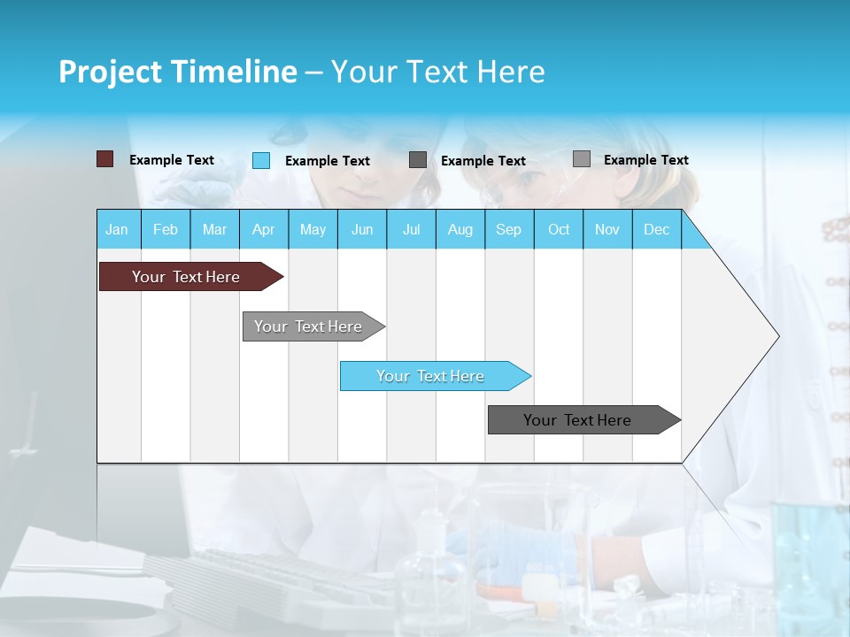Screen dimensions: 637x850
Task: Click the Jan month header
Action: pyautogui.click(x=117, y=229)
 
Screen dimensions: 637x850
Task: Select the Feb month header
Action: pyautogui.click(x=166, y=229)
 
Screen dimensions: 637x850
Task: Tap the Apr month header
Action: pyautogui.click(x=263, y=229)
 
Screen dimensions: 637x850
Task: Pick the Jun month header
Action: pyautogui.click(x=362, y=229)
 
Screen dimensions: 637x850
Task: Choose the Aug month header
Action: pyautogui.click(x=460, y=229)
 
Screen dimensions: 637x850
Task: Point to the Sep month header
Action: pyautogui.click(x=508, y=229)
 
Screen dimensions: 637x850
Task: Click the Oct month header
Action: pyautogui.click(x=559, y=229)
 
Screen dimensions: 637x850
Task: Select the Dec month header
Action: pyautogui.click(x=656, y=229)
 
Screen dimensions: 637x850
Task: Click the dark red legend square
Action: pyautogui.click(x=104, y=159)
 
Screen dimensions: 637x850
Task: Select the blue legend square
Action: pyautogui.click(x=261, y=160)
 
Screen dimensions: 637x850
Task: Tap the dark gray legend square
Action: pyautogui.click(x=418, y=160)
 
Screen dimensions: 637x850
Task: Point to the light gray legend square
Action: pyautogui.click(x=582, y=159)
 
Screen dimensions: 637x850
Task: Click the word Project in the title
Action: pyautogui.click(x=109, y=72)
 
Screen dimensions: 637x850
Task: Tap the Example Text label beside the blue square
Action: pyautogui.click(x=328, y=161)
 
